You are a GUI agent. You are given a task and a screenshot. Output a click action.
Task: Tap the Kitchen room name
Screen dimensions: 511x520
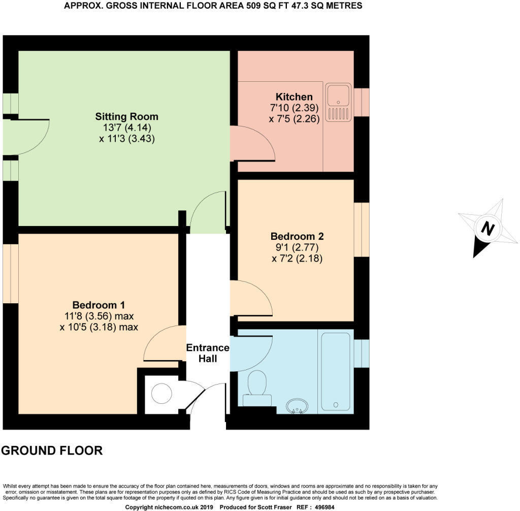tap(294, 97)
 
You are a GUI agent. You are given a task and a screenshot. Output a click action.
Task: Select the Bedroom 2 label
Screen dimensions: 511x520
tap(297, 236)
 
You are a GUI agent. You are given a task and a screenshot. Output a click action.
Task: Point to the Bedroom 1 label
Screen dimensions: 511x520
tap(99, 305)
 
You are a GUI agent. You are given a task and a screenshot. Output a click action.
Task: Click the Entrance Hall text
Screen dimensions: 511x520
tap(208, 353)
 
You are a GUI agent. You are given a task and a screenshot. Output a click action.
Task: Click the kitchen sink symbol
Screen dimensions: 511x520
tap(338, 103)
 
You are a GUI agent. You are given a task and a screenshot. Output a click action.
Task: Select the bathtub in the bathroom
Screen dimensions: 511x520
tap(335, 371)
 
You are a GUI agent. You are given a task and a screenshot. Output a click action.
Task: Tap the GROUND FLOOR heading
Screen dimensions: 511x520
tap(52, 450)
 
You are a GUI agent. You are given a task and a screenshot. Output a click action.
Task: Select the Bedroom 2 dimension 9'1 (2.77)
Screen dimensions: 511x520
tap(297, 247)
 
